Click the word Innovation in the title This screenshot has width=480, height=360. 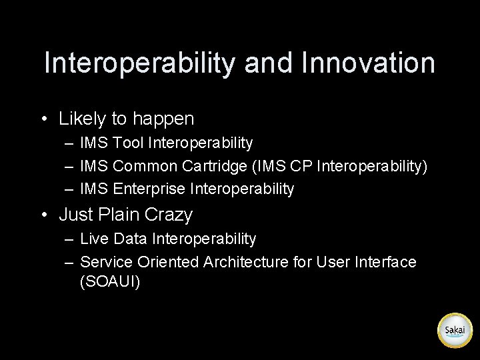pos(368,63)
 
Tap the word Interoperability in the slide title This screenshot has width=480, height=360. pos(140,63)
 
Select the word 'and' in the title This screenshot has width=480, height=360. pos(269,63)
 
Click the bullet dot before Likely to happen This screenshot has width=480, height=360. pos(43,119)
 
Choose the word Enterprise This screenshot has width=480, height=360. pos(149,189)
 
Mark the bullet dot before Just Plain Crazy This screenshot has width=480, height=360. pos(43,215)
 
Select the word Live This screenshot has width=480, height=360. pos(93,239)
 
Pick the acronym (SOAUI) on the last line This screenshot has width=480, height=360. pos(110,281)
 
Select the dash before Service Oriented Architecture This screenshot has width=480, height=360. pos(69,262)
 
